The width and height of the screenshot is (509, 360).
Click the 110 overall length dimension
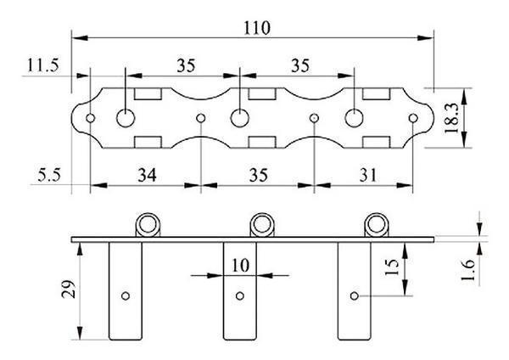254,27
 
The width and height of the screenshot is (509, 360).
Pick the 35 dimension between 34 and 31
258,175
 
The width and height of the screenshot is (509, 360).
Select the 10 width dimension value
240,265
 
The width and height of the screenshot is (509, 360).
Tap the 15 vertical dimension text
391,269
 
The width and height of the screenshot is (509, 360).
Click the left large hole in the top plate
126,117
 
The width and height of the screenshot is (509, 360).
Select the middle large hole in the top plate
240,117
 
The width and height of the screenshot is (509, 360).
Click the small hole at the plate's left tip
88,117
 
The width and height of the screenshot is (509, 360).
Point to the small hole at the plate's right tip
414,117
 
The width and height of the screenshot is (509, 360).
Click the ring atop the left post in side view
148,224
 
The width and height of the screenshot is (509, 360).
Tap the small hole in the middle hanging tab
240,296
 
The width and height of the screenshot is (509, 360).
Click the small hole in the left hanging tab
125,296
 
